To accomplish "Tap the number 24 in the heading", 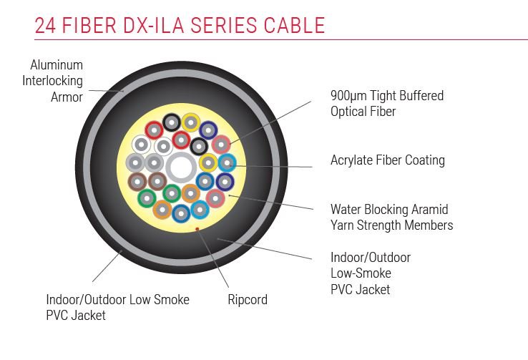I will coord(47,26).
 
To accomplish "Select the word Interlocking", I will coord(52,81).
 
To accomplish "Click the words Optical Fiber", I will coord(363,112).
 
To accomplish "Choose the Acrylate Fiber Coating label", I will coord(387,160).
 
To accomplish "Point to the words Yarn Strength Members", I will coord(391,225).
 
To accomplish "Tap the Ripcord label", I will coord(247,300).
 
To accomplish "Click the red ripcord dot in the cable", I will coord(197,230).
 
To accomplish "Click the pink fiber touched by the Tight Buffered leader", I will coord(220,144).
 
